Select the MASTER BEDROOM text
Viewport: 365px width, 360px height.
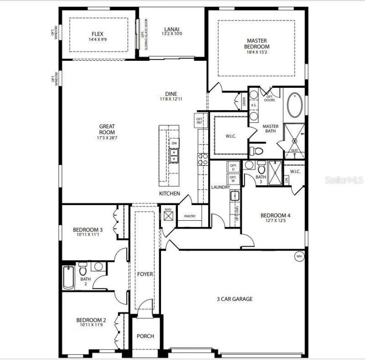pos(258,43)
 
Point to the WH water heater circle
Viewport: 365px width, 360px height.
pos(299,256)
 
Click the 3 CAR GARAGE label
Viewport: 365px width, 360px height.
pos(235,299)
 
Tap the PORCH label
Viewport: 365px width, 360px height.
pos(146,336)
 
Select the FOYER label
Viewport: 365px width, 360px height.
pos(146,274)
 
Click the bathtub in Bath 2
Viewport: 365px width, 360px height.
pos(68,278)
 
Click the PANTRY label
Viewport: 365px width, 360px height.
pos(190,216)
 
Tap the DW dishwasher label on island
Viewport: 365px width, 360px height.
pos(174,143)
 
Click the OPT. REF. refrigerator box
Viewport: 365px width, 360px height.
pos(200,120)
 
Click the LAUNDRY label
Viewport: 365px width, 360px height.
pos(220,187)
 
